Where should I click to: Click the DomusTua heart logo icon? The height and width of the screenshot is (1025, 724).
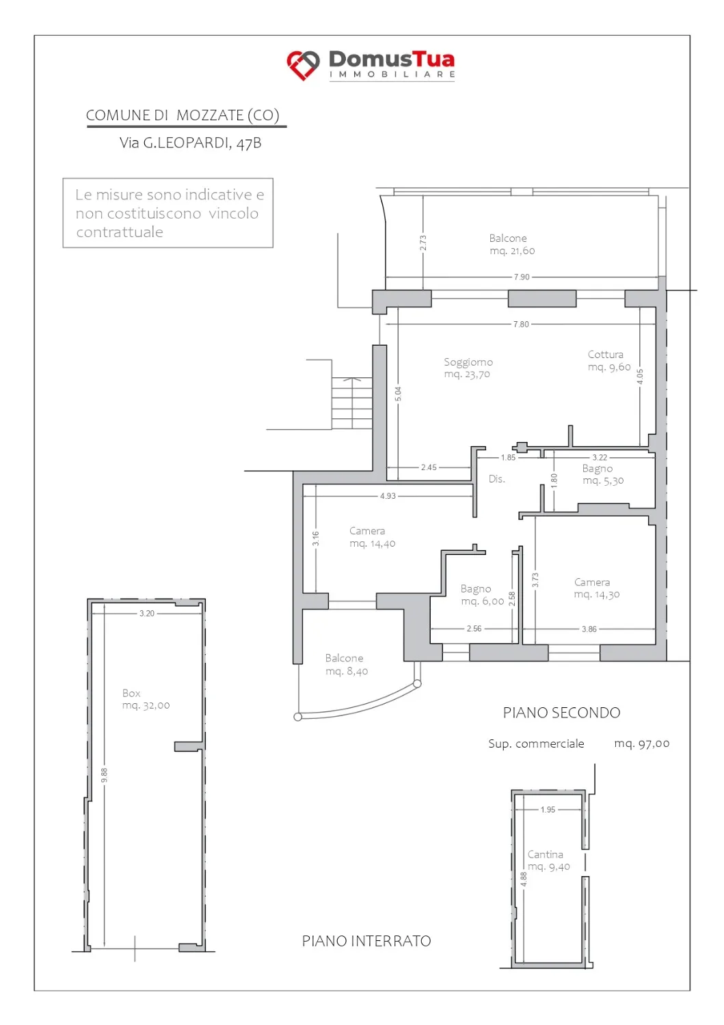pyautogui.click(x=303, y=65)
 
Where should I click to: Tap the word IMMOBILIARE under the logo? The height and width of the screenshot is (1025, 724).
pyautogui.click(x=392, y=74)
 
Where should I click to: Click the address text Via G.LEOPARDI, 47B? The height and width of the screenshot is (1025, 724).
pyautogui.click(x=191, y=143)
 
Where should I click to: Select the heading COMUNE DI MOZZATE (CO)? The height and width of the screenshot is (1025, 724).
pyautogui.click(x=183, y=115)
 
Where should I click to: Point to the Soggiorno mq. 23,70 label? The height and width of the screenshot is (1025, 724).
pyautogui.click(x=468, y=368)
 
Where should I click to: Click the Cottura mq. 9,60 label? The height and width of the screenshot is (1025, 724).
pyautogui.click(x=609, y=361)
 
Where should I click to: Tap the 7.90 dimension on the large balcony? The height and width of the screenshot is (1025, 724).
pyautogui.click(x=521, y=277)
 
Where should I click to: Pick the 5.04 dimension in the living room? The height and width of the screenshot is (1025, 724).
pyautogui.click(x=398, y=394)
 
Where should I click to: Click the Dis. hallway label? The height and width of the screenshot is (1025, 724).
pyautogui.click(x=496, y=478)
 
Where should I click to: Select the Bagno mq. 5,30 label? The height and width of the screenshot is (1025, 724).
pyautogui.click(x=602, y=474)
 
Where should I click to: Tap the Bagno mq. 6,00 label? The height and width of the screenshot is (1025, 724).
pyautogui.click(x=482, y=595)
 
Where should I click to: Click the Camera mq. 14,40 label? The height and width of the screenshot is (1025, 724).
pyautogui.click(x=373, y=536)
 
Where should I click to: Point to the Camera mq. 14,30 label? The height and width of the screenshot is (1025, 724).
pyautogui.click(x=597, y=588)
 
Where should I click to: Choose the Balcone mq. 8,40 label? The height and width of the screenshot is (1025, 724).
pyautogui.click(x=346, y=664)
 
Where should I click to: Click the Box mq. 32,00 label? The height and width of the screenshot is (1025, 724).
pyautogui.click(x=146, y=699)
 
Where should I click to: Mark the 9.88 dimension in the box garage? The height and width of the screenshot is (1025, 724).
pyautogui.click(x=105, y=775)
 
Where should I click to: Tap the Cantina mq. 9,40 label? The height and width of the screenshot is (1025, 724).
pyautogui.click(x=548, y=860)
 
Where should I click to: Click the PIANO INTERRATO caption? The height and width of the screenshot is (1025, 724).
pyautogui.click(x=366, y=941)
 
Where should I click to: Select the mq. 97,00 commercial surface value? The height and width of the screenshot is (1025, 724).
pyautogui.click(x=641, y=743)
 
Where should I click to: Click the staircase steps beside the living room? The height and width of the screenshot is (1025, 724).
pyautogui.click(x=351, y=403)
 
